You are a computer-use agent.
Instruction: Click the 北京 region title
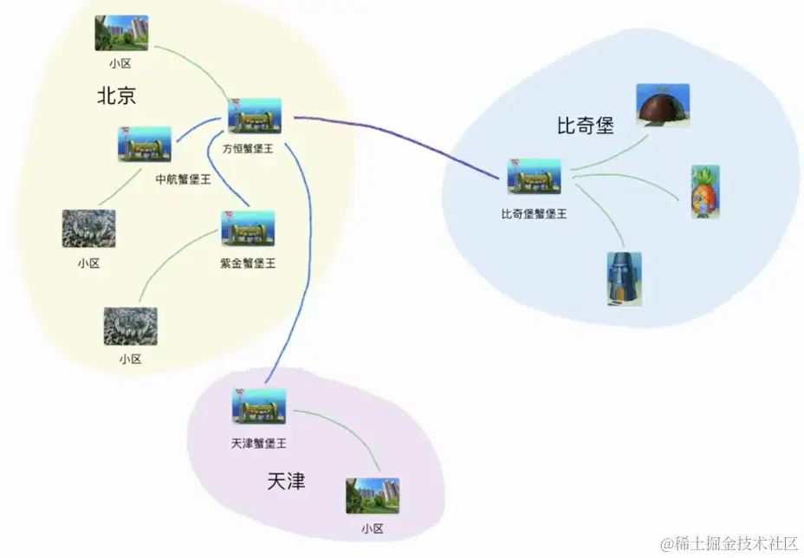[x=116, y=95]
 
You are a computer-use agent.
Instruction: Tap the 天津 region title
[x=286, y=481]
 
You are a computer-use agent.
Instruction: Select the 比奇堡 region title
[x=585, y=126]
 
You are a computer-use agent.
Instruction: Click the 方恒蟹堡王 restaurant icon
[x=255, y=116]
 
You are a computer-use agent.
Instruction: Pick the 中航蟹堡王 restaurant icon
[x=145, y=145]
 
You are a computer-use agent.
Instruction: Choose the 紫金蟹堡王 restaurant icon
[x=249, y=229]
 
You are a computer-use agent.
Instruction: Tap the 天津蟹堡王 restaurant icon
[x=259, y=407]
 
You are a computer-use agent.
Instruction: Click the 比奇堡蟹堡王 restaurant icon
[x=534, y=177]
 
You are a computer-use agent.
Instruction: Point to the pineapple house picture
[x=705, y=191]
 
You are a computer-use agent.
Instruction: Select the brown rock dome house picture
[x=663, y=106]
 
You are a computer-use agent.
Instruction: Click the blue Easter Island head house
[x=624, y=278]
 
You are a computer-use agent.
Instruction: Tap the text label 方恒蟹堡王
[x=248, y=149]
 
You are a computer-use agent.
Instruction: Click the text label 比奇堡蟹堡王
[x=534, y=213]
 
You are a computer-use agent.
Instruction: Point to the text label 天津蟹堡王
[x=258, y=444]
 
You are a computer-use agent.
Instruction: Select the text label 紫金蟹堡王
[x=248, y=263]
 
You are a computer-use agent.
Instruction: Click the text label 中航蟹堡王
[x=183, y=179]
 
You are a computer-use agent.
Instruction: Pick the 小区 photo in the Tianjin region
[x=373, y=496]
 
